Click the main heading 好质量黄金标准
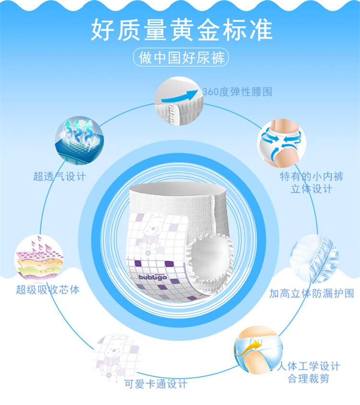[x=181, y=30]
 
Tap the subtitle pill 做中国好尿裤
[x=180, y=59]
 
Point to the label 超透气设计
[x=60, y=177]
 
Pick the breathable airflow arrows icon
[x=77, y=140]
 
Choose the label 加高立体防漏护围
[x=312, y=293]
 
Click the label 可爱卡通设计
[x=156, y=384]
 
